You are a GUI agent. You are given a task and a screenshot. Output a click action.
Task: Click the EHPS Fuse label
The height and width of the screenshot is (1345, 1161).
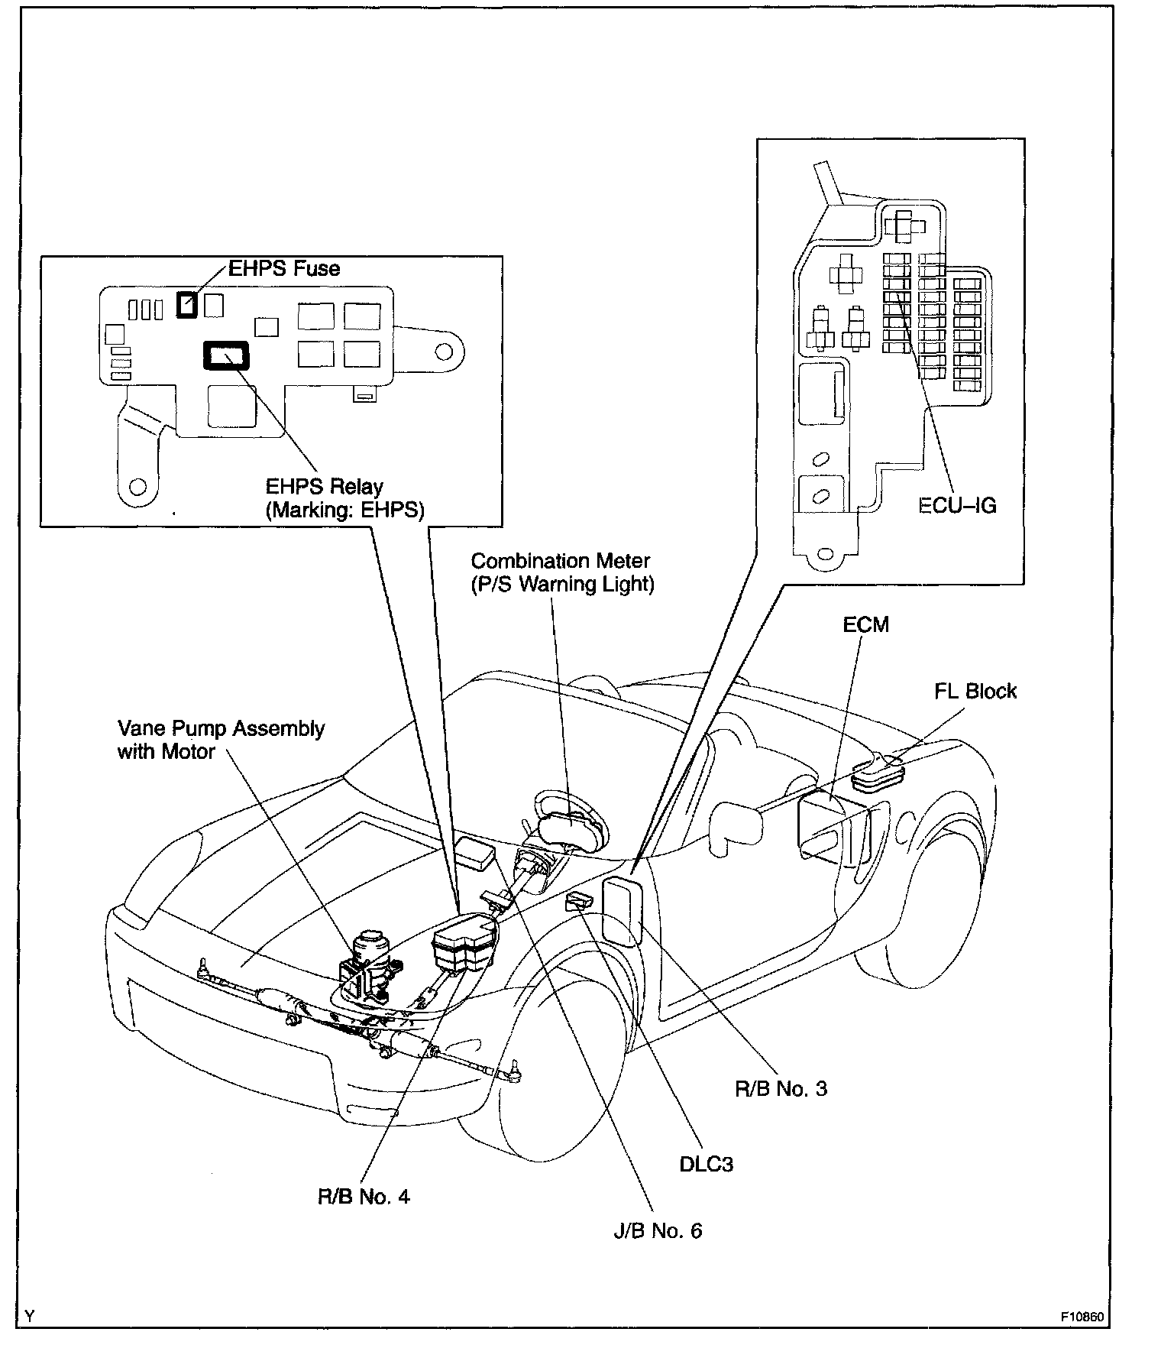284,268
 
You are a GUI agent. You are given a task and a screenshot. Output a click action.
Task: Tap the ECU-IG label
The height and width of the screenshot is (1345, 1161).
958,505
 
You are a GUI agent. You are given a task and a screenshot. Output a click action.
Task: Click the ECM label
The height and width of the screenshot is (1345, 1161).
865,624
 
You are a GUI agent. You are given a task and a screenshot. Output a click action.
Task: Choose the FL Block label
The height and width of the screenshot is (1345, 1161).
975,691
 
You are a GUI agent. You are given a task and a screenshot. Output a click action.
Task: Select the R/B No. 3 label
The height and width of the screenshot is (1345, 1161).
781,1088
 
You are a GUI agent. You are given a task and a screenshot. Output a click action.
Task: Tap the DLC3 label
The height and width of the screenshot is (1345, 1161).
707,1164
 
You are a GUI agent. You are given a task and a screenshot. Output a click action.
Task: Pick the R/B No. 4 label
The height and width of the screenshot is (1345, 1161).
364,1196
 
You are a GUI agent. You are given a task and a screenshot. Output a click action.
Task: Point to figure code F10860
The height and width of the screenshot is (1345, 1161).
1082,1317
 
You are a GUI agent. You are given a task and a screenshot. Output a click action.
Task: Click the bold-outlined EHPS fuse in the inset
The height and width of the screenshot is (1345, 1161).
186,305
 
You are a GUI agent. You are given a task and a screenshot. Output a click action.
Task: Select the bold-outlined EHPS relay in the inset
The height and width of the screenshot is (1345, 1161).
226,355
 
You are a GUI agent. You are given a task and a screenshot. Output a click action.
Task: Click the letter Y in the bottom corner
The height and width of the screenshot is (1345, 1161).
29,1316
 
